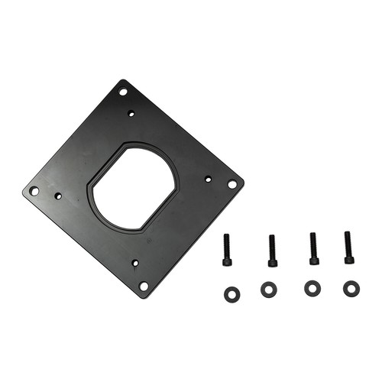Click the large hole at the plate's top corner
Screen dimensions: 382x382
pyautogui.click(x=123, y=92)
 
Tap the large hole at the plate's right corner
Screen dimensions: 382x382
pyautogui.click(x=232, y=184)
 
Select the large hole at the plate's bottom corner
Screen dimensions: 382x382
pyautogui.click(x=143, y=286)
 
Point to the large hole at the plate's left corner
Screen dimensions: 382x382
pyautogui.click(x=34, y=190)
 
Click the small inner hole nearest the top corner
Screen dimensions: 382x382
pyautogui.click(x=131, y=113)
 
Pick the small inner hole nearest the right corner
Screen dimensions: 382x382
pyautogui.click(x=208, y=179)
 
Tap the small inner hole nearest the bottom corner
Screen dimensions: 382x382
pyautogui.click(x=135, y=263)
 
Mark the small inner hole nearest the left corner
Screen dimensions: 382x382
pyautogui.click(x=58, y=196)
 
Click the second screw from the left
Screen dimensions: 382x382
pyautogui.click(x=272, y=251)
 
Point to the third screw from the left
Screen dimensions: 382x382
pyautogui.click(x=313, y=248)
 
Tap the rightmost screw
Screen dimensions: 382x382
pyautogui.click(x=348, y=248)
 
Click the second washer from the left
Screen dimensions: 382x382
pyautogui.click(x=268, y=290)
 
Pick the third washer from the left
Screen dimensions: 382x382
pyautogui.click(x=312, y=289)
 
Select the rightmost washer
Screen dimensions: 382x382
pyautogui.click(x=351, y=289)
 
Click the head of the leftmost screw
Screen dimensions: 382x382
pyautogui.click(x=227, y=261)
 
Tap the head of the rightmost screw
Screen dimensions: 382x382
pyautogui.click(x=349, y=259)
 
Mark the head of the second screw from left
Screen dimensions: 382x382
pyautogui.click(x=273, y=262)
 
